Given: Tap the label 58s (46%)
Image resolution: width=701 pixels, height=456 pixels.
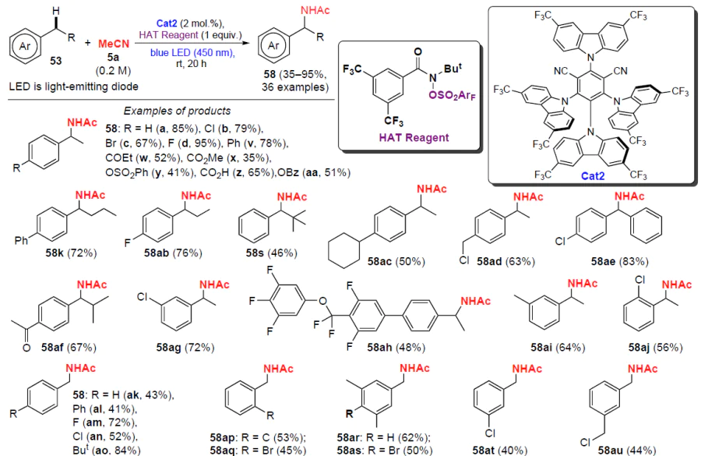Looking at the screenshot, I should (273, 253).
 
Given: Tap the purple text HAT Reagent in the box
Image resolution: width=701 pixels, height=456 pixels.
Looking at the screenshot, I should (411, 137).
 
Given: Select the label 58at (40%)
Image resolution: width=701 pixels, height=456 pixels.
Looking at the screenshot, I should (506, 449).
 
